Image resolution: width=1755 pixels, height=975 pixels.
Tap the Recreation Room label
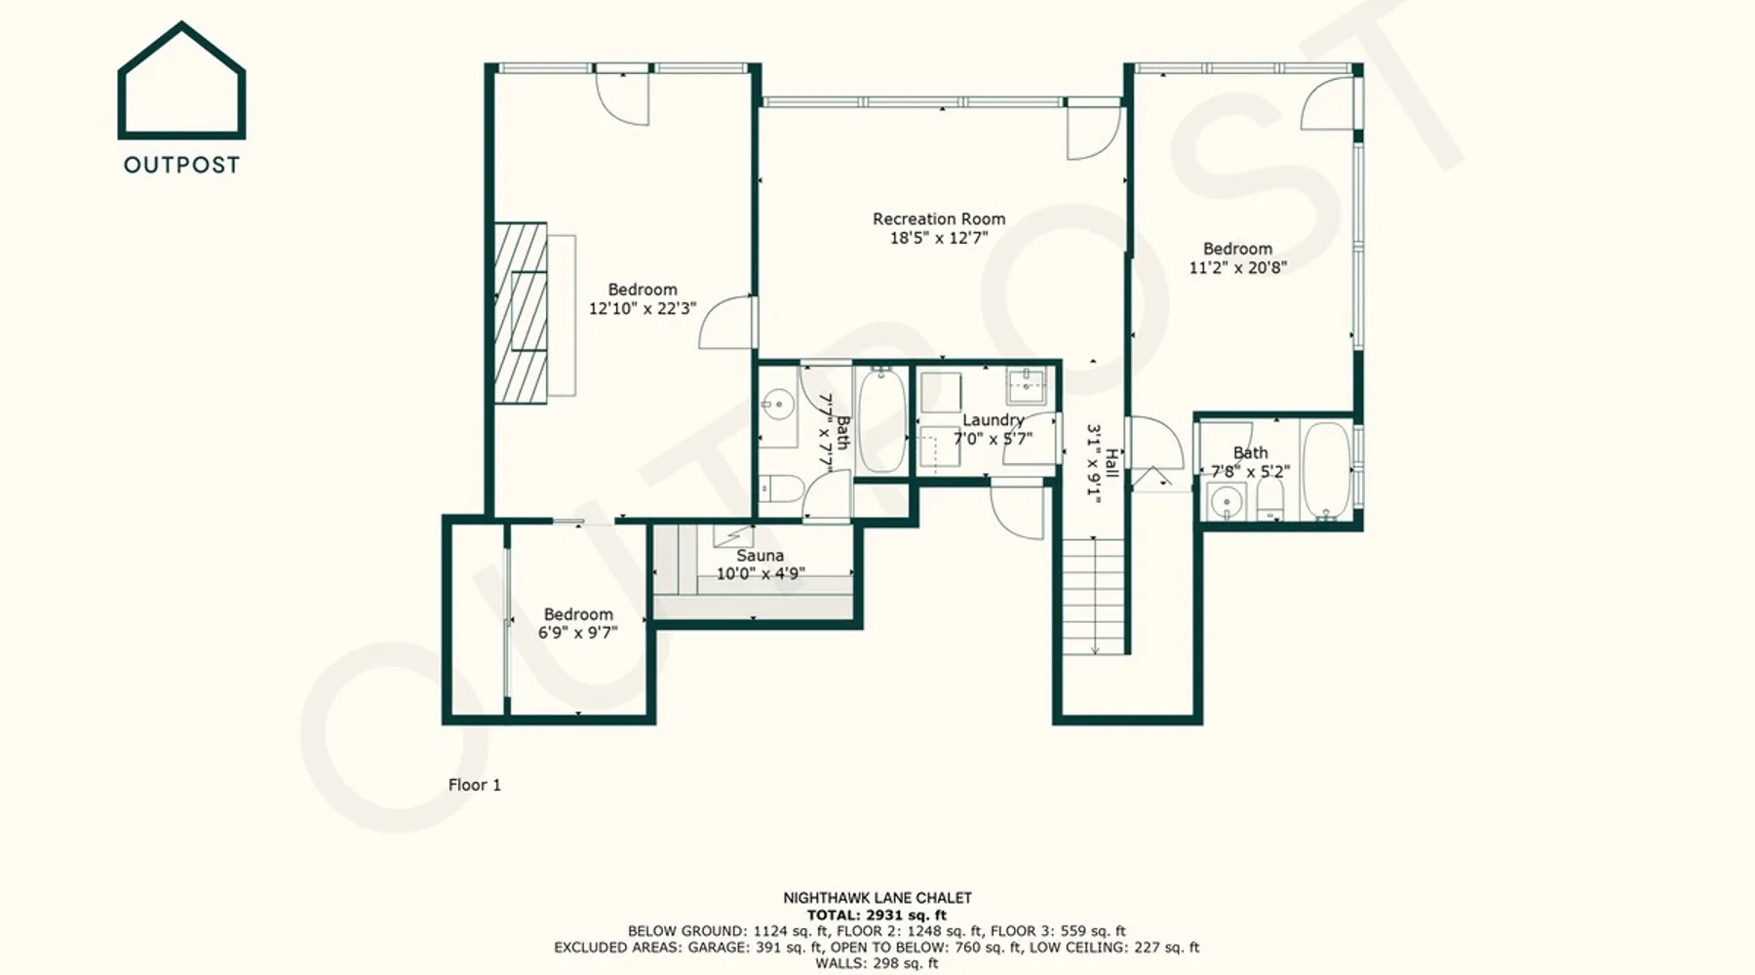click(939, 219)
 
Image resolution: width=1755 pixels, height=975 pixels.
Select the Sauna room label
click(760, 556)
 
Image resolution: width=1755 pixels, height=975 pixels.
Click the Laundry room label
click(994, 420)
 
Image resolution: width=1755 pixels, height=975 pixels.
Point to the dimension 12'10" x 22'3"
click(643, 308)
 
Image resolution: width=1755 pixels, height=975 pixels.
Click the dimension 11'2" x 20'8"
click(1237, 267)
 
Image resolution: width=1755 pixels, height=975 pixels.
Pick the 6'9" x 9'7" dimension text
click(578, 633)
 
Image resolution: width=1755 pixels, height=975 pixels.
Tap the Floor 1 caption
click(475, 785)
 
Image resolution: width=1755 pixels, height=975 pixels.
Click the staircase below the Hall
click(1093, 596)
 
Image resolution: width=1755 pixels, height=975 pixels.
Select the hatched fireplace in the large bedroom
click(520, 312)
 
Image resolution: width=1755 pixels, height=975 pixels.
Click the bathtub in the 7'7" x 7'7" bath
click(881, 420)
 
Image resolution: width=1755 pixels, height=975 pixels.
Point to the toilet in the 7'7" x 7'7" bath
click(781, 487)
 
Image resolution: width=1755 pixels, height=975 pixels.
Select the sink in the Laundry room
click(1027, 386)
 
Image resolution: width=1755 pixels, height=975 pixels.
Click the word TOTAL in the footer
click(833, 916)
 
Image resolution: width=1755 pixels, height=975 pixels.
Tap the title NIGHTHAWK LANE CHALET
click(877, 898)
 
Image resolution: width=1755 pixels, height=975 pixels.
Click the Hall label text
click(1111, 463)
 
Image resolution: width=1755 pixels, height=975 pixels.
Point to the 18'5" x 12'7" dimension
click(939, 238)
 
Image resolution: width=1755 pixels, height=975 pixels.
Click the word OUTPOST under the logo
click(181, 165)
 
